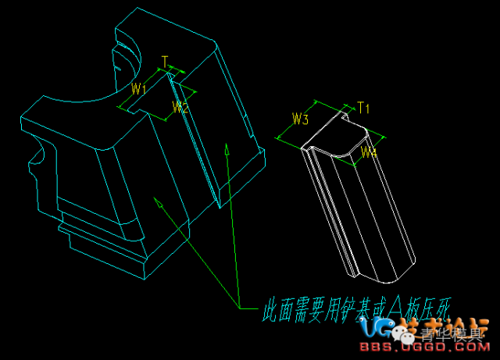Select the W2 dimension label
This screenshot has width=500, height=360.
pos(180,108)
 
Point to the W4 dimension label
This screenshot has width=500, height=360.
pos(370,152)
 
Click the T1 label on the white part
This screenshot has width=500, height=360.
pos(363,106)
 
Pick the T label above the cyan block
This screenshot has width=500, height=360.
pos(164,60)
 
